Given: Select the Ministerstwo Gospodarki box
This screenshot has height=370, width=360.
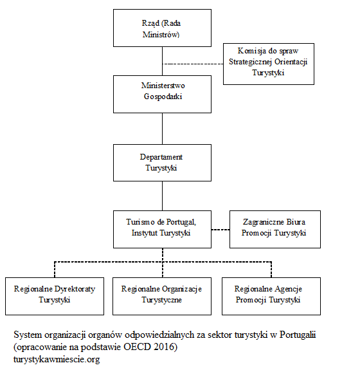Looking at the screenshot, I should [161, 93].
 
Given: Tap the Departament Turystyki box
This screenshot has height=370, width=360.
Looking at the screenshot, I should [161, 162].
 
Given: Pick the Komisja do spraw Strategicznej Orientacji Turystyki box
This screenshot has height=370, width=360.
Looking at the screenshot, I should [268, 64].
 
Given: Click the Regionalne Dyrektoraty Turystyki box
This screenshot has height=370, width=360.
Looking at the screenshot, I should [54, 294].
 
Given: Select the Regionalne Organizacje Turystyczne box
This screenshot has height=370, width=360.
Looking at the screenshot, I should [161, 294].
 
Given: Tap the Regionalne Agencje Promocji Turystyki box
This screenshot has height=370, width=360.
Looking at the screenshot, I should [268, 294].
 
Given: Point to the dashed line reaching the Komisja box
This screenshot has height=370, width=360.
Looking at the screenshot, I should [193, 64].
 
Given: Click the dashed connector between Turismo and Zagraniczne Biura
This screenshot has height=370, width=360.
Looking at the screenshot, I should [220, 229].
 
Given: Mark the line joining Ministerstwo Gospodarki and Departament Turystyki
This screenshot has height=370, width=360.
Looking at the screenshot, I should [162, 128].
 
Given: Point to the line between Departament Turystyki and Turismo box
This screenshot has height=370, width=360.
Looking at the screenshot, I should [162, 195].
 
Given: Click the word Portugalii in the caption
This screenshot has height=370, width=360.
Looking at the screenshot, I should [299, 336].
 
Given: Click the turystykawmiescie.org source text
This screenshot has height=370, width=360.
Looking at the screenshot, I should [56, 359].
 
